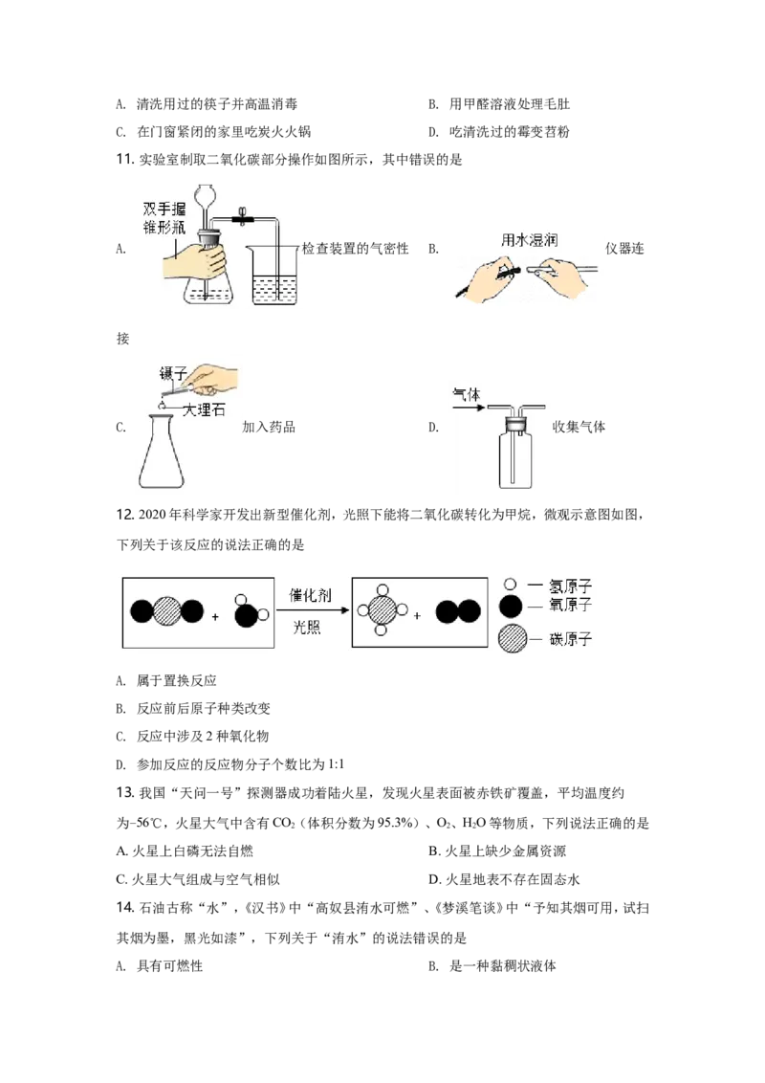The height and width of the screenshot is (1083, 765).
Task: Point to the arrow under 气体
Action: tap(468, 407)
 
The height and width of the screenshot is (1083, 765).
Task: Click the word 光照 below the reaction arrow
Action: tap(307, 628)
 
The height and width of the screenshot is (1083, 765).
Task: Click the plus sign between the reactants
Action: tap(215, 617)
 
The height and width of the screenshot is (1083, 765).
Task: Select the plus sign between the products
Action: tap(417, 616)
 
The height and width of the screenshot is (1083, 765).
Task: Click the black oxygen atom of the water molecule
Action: tap(246, 616)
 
